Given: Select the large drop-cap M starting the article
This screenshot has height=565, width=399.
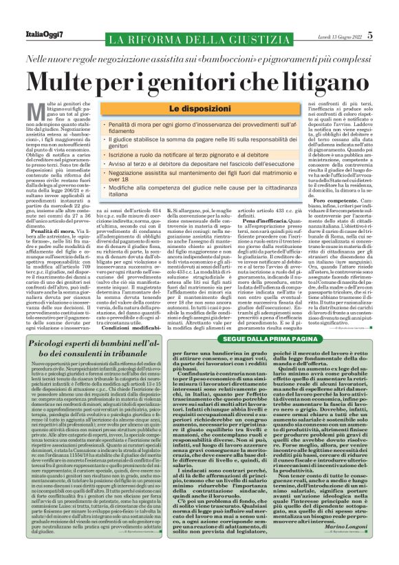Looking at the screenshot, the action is [32, 110].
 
